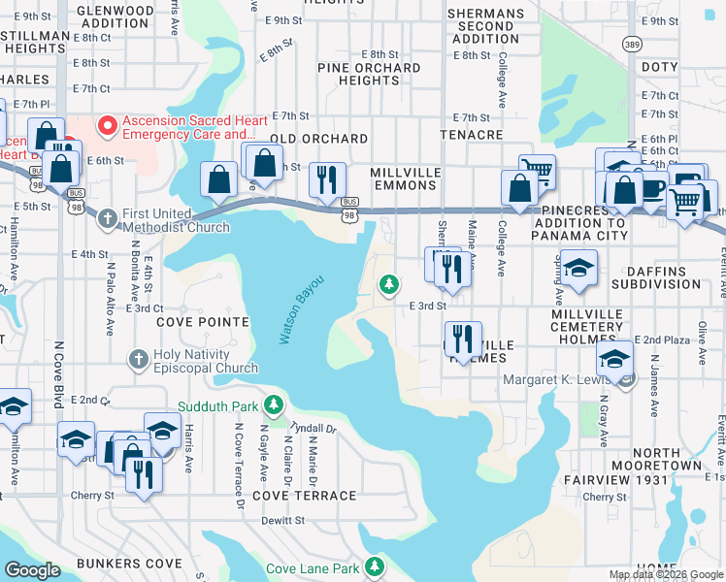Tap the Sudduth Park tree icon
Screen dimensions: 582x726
point(276,404)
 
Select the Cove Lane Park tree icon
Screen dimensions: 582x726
point(376,568)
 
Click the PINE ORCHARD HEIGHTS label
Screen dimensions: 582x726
point(371,75)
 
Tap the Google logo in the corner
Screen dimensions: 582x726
point(32,571)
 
